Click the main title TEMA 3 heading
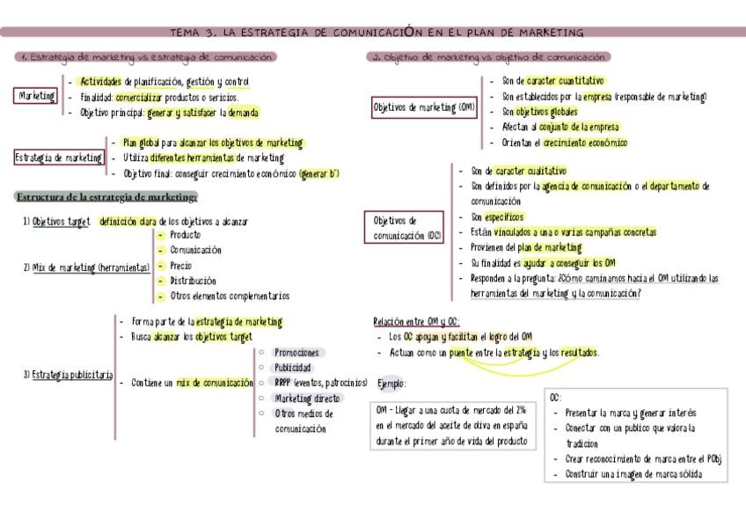(377, 33)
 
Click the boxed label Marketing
(37, 96)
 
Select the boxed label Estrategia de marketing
(59, 157)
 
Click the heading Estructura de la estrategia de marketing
(106, 196)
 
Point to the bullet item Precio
(180, 265)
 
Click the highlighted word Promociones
(296, 352)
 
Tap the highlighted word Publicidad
(293, 367)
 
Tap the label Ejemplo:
(391, 384)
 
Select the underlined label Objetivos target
(61, 222)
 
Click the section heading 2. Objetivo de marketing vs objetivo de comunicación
(489, 57)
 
